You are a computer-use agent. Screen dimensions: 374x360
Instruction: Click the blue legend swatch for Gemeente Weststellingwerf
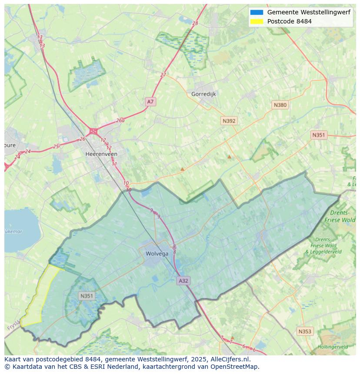257,13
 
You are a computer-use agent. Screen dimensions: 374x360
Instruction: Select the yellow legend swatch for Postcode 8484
257,21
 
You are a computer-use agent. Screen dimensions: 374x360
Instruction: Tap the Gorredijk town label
203,94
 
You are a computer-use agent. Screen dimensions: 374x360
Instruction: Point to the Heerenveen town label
101,154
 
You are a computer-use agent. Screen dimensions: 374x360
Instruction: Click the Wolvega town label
157,254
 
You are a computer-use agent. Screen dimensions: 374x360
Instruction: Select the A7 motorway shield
150,102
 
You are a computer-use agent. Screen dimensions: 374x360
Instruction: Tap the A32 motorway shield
183,281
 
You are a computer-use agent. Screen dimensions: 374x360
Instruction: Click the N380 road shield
280,105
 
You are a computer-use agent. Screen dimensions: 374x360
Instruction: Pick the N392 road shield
229,121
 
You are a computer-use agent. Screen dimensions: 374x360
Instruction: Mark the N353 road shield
305,331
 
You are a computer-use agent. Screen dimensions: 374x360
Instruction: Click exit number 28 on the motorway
195,23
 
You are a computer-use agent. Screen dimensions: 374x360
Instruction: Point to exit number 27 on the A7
163,75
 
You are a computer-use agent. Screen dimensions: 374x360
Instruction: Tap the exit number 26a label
120,121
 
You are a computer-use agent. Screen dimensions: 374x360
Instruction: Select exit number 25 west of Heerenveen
56,147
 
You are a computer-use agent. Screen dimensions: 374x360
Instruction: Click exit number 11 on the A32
114,164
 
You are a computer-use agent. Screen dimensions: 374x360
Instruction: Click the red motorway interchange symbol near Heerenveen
93,131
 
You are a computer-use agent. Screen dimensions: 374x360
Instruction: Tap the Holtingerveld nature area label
333,347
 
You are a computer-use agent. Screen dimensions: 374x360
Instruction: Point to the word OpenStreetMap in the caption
235,367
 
